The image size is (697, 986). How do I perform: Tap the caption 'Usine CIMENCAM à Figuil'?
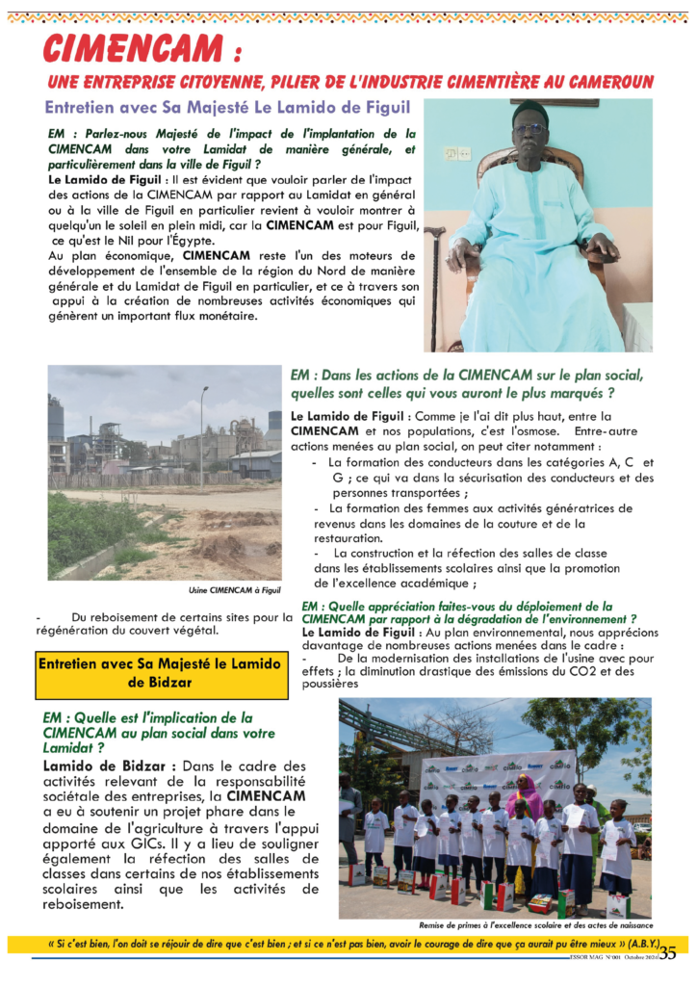pyautogui.click(x=235, y=590)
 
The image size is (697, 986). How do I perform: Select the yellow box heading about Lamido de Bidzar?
pyautogui.click(x=161, y=673)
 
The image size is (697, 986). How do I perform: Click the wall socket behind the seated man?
pyautogui.click(x=457, y=153)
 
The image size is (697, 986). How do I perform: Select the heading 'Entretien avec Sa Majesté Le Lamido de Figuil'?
pyautogui.click(x=227, y=106)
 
